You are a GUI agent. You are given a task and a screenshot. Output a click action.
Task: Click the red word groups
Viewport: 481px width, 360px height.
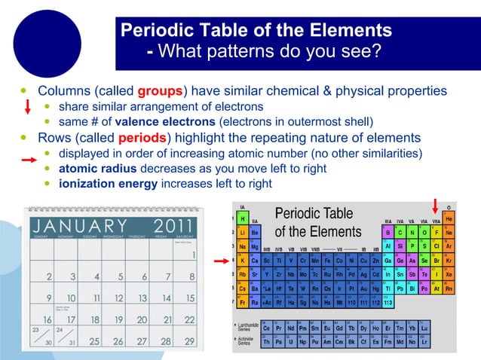point(160,91)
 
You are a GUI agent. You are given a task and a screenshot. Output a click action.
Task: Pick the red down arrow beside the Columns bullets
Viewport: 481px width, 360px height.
point(27,106)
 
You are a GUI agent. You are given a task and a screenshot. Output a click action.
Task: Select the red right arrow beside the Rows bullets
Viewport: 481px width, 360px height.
point(28,160)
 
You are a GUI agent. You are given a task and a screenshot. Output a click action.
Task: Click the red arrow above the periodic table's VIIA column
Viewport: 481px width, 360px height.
point(435,204)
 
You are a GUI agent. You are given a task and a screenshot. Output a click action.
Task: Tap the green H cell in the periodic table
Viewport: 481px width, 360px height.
point(243,218)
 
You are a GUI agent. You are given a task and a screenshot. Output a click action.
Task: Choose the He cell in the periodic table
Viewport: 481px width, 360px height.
point(449,218)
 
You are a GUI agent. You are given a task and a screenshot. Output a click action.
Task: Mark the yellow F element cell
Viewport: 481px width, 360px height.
point(436,232)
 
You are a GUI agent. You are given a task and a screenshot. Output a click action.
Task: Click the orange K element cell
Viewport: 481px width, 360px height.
point(243,260)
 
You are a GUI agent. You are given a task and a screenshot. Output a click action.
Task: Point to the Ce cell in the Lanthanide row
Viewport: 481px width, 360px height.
point(268,328)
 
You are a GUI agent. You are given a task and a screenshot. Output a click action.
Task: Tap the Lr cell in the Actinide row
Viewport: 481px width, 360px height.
point(424,342)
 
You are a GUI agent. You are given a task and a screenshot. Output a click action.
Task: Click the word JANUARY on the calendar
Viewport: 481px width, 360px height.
point(80,227)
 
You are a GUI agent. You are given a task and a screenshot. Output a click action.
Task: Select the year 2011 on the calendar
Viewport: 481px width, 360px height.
point(175,227)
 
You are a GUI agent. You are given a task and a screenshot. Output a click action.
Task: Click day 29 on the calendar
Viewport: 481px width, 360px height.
point(188,341)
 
